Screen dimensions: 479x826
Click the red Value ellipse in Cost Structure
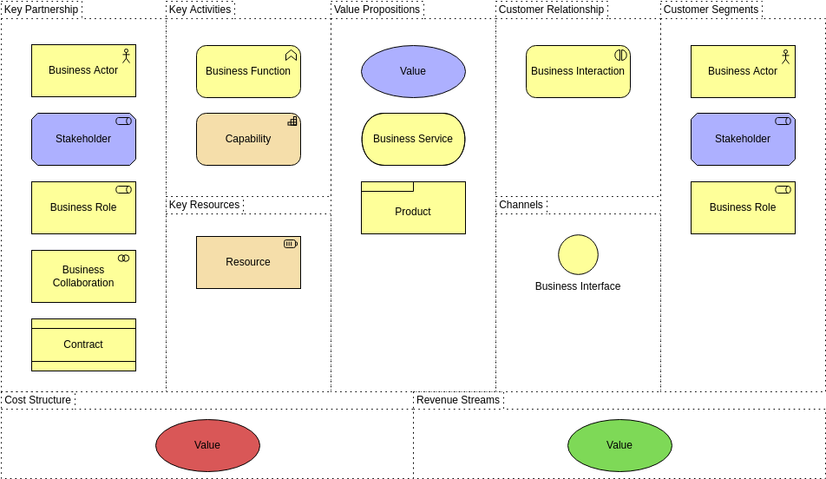click(207, 445)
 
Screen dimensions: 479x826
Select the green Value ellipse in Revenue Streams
click(619, 445)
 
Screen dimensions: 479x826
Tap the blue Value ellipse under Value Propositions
click(413, 71)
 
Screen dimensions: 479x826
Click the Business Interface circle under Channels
click(578, 254)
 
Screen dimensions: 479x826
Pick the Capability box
click(248, 139)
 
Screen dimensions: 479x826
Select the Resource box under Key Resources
click(248, 262)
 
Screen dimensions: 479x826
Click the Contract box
click(83, 344)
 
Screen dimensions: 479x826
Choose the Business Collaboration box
click(83, 276)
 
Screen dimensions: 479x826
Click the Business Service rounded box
click(413, 139)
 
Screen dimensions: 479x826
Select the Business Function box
click(248, 71)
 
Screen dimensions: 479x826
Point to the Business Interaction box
click(578, 71)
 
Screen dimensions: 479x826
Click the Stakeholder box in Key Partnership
click(83, 139)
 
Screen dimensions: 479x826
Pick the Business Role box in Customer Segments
click(743, 207)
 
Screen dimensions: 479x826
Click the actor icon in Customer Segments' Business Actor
click(785, 56)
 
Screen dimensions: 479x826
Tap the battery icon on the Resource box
click(291, 244)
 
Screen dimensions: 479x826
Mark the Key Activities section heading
click(200, 10)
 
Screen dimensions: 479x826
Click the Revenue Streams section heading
click(458, 400)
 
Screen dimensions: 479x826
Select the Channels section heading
click(521, 205)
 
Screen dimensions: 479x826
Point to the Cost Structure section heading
click(38, 400)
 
